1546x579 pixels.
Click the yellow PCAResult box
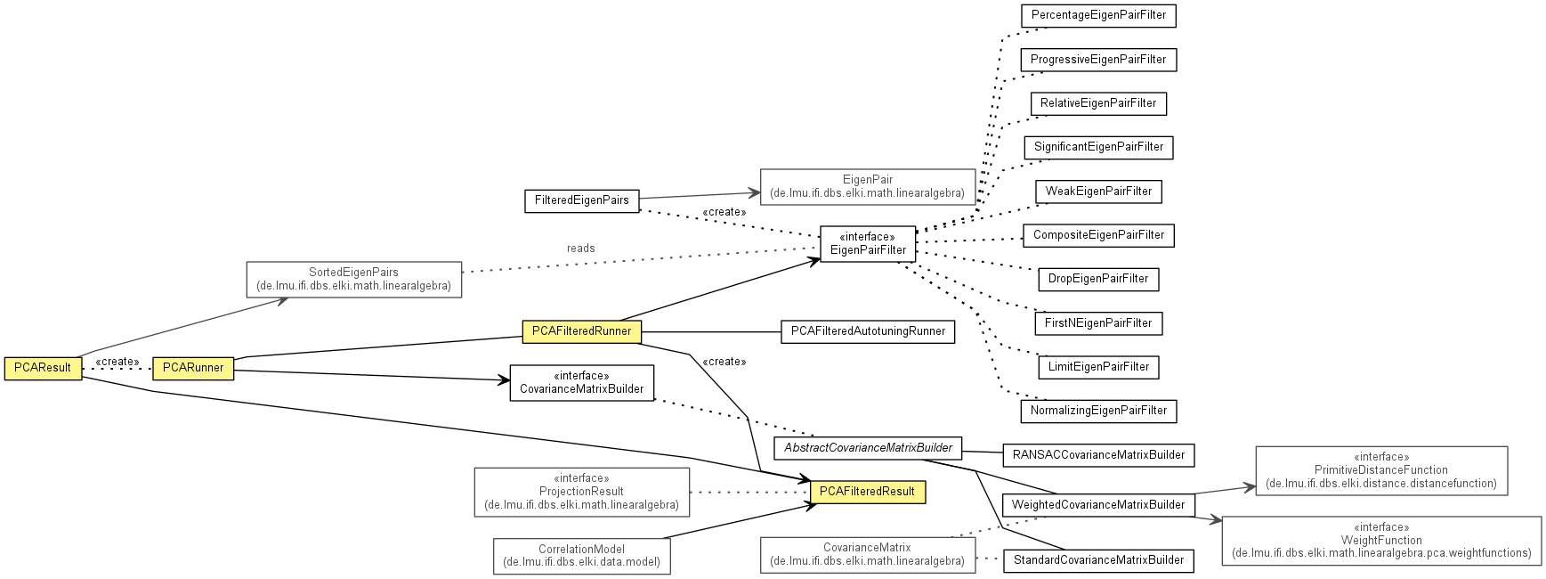pyautogui.click(x=43, y=368)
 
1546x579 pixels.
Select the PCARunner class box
pyautogui.click(x=193, y=368)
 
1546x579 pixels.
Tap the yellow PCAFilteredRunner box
pyautogui.click(x=581, y=331)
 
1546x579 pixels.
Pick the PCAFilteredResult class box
pyautogui.click(x=867, y=492)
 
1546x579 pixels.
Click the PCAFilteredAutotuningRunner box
pyautogui.click(x=868, y=331)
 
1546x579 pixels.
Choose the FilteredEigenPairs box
pyautogui.click(x=581, y=200)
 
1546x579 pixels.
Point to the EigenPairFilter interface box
pyautogui.click(x=868, y=243)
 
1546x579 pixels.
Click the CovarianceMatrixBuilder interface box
pyautogui.click(x=581, y=383)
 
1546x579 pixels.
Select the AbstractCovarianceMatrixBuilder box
pyautogui.click(x=868, y=448)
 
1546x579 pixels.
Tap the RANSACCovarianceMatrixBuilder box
pyautogui.click(x=1098, y=455)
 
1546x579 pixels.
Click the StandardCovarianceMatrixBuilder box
pyautogui.click(x=1098, y=560)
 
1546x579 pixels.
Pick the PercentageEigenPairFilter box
pyautogui.click(x=1098, y=15)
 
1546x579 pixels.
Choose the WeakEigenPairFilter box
pyautogui.click(x=1098, y=192)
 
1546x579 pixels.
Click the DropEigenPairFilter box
pyautogui.click(x=1098, y=279)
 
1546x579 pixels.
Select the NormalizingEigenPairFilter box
pyautogui.click(x=1098, y=411)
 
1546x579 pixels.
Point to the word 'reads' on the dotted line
pyautogui.click(x=580, y=249)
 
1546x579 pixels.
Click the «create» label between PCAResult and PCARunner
pyautogui.click(x=117, y=362)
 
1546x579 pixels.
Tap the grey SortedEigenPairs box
pyautogui.click(x=353, y=280)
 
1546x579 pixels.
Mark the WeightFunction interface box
pyautogui.click(x=1381, y=540)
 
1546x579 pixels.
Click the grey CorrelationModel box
pyautogui.click(x=581, y=556)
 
